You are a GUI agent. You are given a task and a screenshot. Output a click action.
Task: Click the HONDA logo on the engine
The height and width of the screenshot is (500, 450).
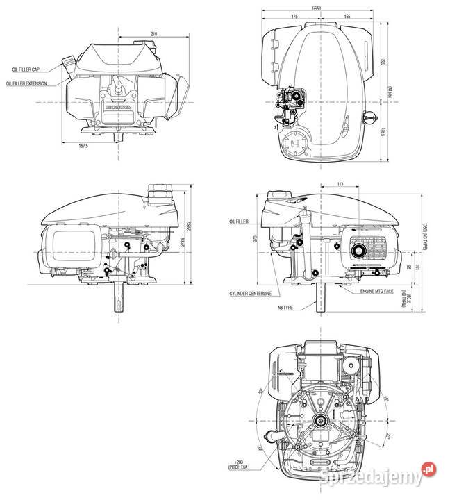point(115,108)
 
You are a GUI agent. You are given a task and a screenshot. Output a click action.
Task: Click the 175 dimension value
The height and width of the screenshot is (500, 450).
point(294,15)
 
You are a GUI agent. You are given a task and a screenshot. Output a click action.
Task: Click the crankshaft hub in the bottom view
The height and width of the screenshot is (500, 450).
point(320,419)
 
